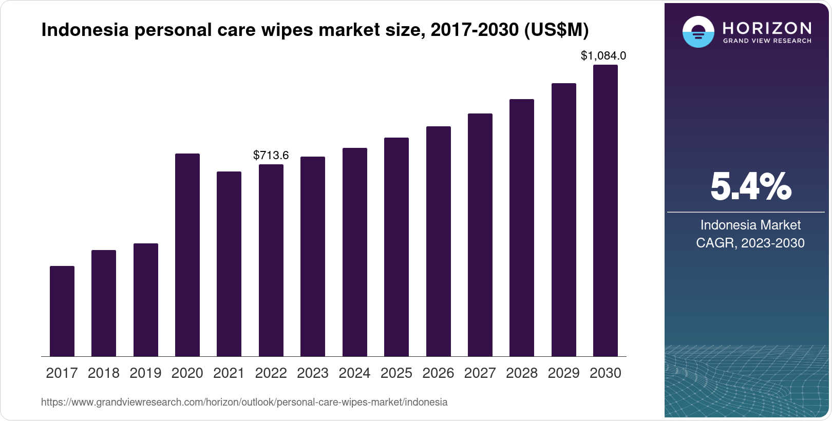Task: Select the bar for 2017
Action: (x=62, y=311)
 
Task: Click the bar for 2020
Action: (x=187, y=255)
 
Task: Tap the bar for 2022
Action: (x=271, y=260)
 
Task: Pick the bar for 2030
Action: (x=606, y=210)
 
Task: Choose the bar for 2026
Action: (x=439, y=241)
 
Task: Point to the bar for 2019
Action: (x=146, y=300)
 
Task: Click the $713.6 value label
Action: (x=271, y=155)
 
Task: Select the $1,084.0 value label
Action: (x=603, y=55)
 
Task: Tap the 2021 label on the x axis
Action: (x=229, y=373)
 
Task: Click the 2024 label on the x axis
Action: (x=354, y=373)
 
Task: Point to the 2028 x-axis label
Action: (x=522, y=373)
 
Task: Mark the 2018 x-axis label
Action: (x=104, y=373)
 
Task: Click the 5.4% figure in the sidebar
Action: (x=750, y=187)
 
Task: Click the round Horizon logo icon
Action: (x=698, y=32)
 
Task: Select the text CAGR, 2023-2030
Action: (x=750, y=243)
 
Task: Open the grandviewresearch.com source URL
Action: (x=244, y=403)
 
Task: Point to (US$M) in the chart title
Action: (x=556, y=30)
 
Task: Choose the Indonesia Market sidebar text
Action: (x=750, y=225)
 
